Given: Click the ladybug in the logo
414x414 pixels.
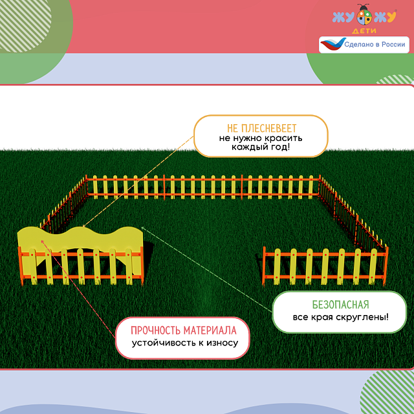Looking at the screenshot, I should [x=365, y=16].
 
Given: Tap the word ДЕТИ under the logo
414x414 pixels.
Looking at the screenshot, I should [x=365, y=30].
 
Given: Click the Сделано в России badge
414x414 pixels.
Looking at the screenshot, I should [x=364, y=45].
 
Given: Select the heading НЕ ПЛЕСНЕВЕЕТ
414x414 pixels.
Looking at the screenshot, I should [x=261, y=127].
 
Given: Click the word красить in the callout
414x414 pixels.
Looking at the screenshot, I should [x=287, y=138].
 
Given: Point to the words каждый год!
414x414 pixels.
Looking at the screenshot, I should [x=261, y=148].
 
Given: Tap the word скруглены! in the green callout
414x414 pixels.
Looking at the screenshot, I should [x=367, y=317].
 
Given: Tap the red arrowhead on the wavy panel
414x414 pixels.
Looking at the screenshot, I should [x=43, y=241].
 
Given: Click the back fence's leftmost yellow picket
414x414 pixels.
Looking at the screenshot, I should [x=91, y=186].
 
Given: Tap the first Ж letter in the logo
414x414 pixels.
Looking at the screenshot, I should [x=338, y=17].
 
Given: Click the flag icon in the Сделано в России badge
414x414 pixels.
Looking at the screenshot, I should [x=332, y=45].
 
